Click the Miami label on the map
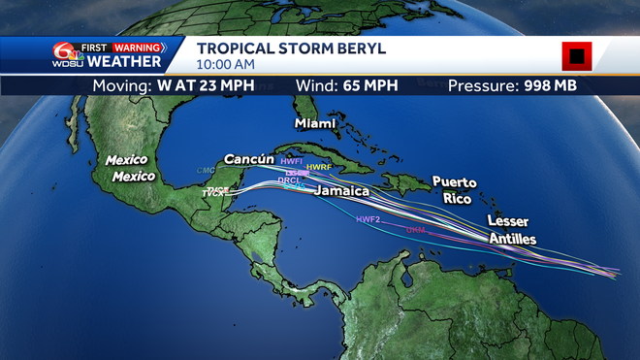pyautogui.click(x=315, y=124)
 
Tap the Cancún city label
pyautogui.click(x=249, y=158)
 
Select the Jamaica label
pyautogui.click(x=341, y=191)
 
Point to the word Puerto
pyautogui.click(x=455, y=181)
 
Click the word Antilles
pyautogui.click(x=512, y=238)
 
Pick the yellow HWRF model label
pyautogui.click(x=319, y=168)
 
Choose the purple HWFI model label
pyautogui.click(x=292, y=160)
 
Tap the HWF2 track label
pyautogui.click(x=368, y=220)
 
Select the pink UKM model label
pyautogui.click(x=416, y=230)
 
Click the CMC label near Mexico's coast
pyautogui.click(x=206, y=171)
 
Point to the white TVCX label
pyautogui.click(x=213, y=194)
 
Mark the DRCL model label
pyautogui.click(x=289, y=180)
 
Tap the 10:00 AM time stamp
pyautogui.click(x=225, y=64)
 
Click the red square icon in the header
pyautogui.click(x=577, y=56)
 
